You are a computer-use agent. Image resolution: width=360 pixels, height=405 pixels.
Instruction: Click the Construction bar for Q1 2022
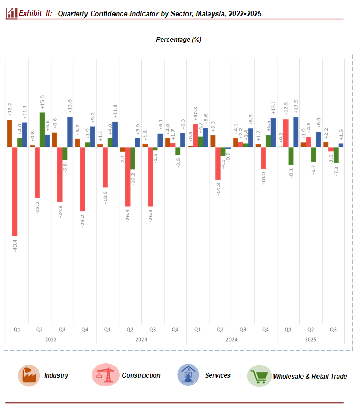point(15,191)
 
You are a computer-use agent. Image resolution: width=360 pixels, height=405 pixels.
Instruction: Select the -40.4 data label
point(15,244)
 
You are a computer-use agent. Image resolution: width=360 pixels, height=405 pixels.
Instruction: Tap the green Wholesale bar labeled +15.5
point(42,129)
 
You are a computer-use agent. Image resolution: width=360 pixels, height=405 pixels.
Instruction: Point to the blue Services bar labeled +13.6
point(70,132)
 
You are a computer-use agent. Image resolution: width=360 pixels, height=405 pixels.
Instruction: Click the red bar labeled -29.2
point(82,179)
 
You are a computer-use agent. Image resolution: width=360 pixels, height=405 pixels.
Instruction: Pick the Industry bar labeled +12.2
point(9,133)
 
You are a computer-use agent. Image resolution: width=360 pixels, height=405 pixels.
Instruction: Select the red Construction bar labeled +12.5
point(285,133)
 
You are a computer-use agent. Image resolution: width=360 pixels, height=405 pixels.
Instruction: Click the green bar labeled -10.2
point(133,158)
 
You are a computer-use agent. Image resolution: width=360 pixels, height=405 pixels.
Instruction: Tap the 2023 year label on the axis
point(141,340)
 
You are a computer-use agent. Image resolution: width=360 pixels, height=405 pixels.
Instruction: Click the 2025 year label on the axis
point(310,340)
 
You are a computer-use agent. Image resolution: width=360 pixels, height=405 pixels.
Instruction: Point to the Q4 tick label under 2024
point(265,329)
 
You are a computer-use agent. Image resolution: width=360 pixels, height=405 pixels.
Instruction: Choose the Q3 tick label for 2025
point(333,329)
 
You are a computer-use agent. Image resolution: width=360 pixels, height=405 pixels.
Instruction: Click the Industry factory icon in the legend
point(29,375)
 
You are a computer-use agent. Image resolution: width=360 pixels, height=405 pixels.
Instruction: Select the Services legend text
point(218,375)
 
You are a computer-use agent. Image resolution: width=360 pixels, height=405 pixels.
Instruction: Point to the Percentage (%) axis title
point(179,39)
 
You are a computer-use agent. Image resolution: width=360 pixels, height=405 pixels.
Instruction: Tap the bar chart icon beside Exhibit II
point(11,13)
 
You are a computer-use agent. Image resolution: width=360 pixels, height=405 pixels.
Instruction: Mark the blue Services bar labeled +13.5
point(296,132)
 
